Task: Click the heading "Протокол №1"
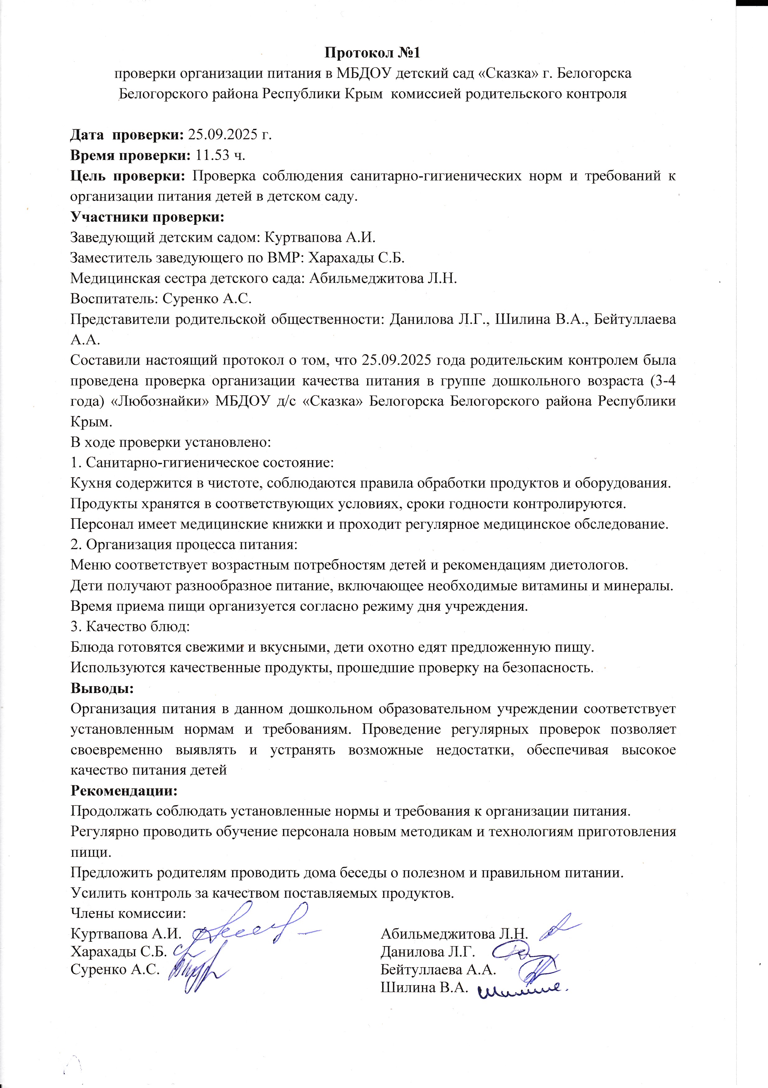click(x=372, y=52)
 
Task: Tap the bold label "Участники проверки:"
click(x=147, y=217)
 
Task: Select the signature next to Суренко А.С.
click(x=197, y=972)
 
